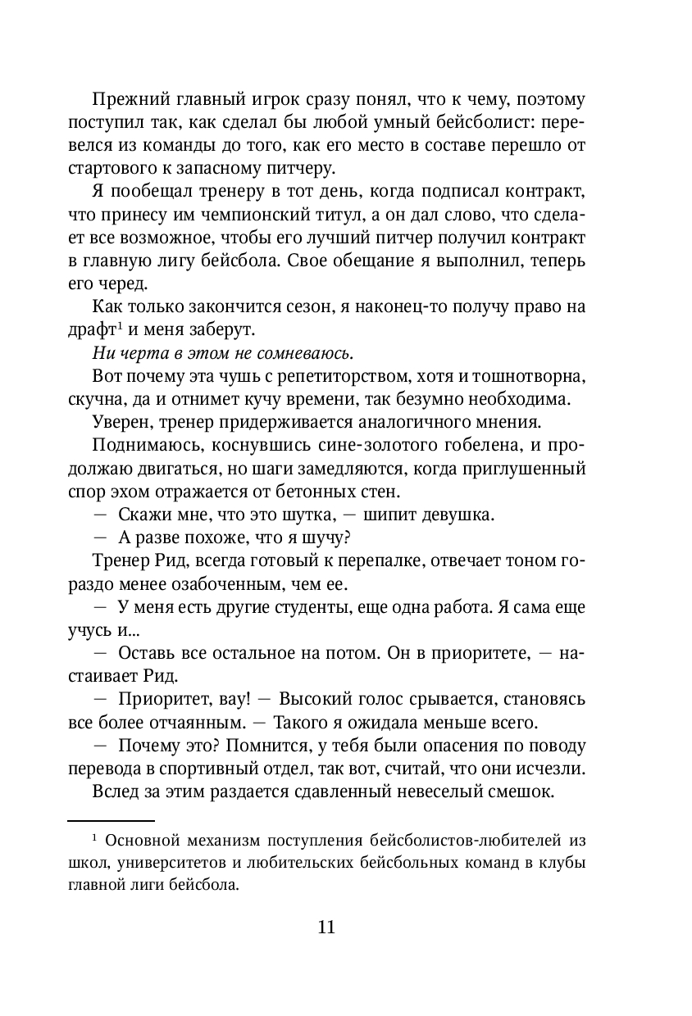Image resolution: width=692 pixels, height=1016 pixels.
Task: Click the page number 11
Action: point(326,928)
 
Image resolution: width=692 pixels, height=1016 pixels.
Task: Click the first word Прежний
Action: point(127,100)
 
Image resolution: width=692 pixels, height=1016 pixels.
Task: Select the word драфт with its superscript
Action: point(90,330)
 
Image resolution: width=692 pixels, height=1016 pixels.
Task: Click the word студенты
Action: point(307,608)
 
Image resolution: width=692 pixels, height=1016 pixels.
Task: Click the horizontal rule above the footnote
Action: point(111,820)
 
